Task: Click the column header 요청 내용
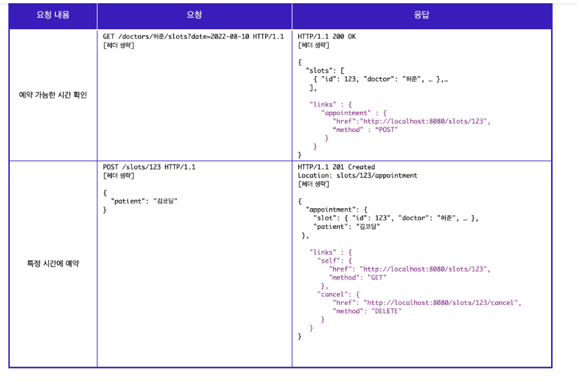pyautogui.click(x=53, y=15)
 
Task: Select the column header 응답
pyautogui.click(x=421, y=15)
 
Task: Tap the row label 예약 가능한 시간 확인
pyautogui.click(x=53, y=95)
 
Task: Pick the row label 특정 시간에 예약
pyautogui.click(x=53, y=264)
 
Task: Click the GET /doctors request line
pyautogui.click(x=193, y=36)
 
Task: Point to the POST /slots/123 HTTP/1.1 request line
pyautogui.click(x=149, y=167)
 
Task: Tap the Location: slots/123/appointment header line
pyautogui.click(x=357, y=176)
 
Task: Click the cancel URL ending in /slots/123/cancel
pyautogui.click(x=442, y=302)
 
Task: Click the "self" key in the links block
pyautogui.click(x=329, y=260)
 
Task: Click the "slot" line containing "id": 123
pyautogui.click(x=396, y=218)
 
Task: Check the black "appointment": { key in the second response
pyautogui.click(x=336, y=209)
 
